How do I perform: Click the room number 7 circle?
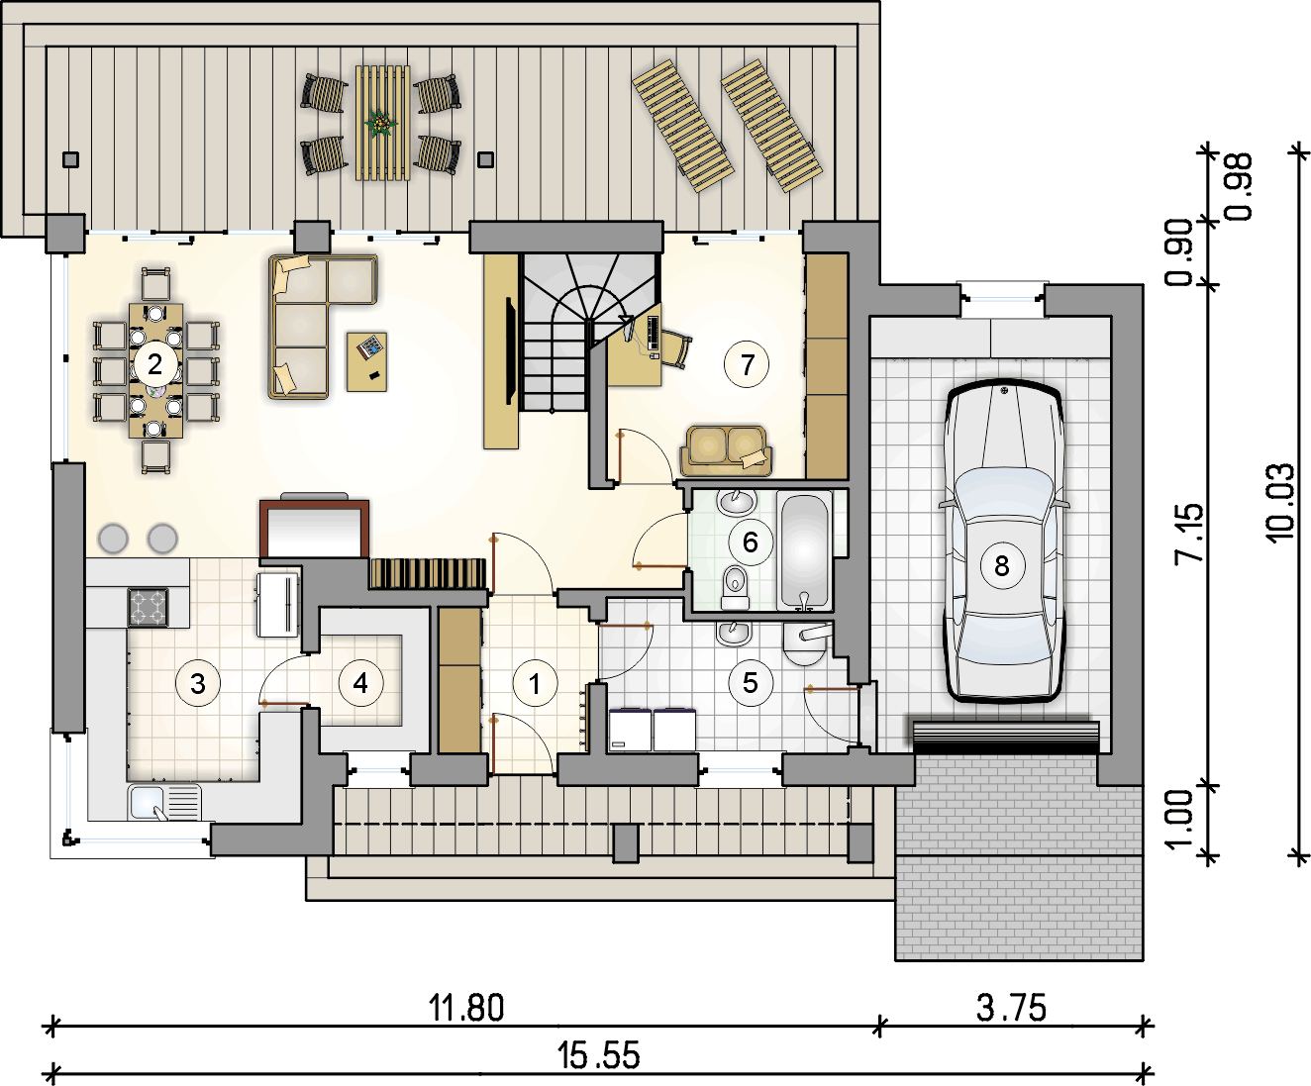pos(747,364)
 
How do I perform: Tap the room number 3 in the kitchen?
pos(198,684)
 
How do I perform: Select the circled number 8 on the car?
pos(1002,565)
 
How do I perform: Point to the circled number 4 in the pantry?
pos(360,682)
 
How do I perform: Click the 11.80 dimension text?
pos(466,1008)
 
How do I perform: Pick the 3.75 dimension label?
pos(1012,1008)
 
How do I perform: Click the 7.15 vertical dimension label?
pos(1190,534)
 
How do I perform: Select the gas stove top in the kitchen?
pos(149,607)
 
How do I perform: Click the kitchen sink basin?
pos(147,802)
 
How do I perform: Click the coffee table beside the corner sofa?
pos(366,361)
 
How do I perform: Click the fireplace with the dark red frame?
pos(314,528)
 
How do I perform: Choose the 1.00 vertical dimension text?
pos(1179,820)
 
